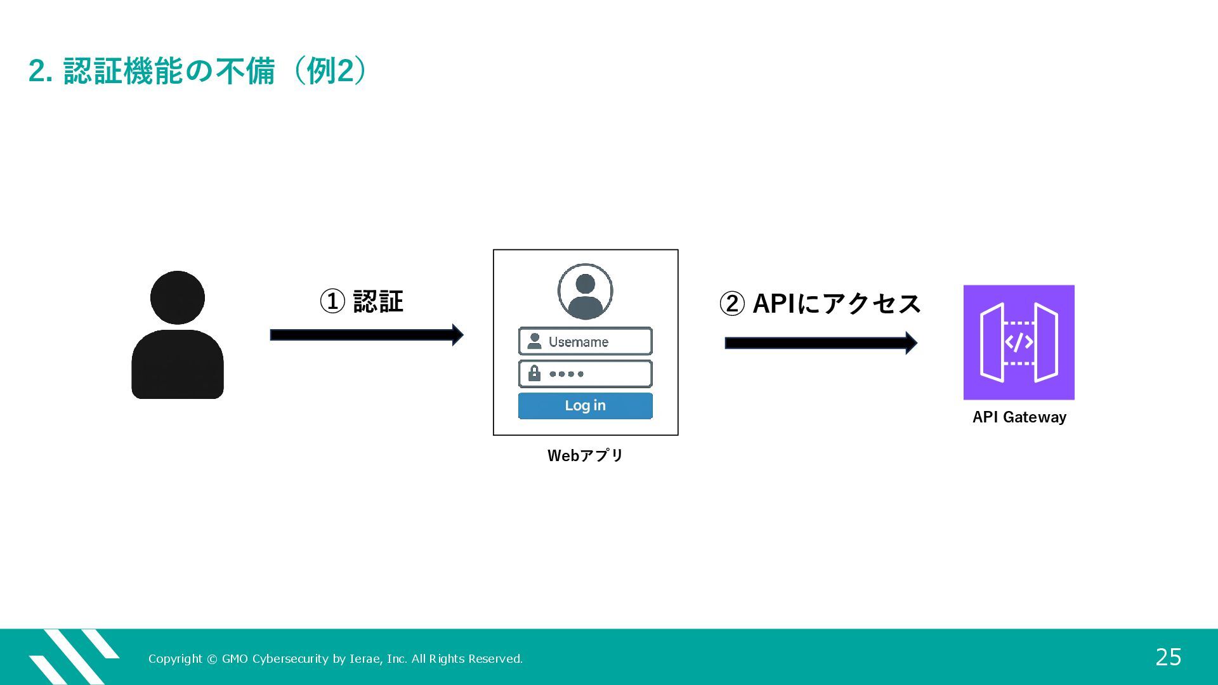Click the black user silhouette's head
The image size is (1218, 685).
point(178,297)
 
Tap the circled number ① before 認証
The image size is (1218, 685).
point(332,301)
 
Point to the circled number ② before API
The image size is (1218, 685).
point(732,304)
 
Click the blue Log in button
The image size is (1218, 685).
point(585,406)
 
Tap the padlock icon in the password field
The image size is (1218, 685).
point(534,373)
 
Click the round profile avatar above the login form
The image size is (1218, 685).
point(585,291)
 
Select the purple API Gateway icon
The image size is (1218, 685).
point(1019,342)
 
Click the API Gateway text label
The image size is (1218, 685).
point(1019,417)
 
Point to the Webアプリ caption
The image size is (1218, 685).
point(585,455)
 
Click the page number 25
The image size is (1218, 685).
point(1168,657)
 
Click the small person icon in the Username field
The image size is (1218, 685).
point(534,341)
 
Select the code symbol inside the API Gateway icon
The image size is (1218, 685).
point(1019,342)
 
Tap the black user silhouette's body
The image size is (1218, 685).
point(178,364)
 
